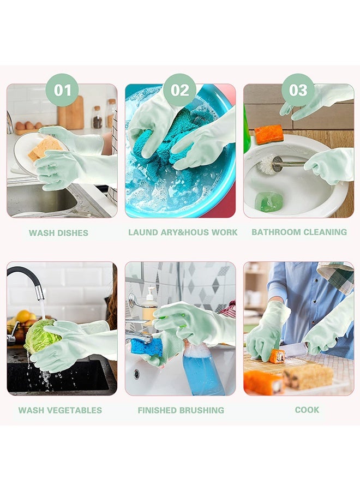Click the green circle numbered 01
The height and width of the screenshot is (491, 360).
click(x=62, y=90)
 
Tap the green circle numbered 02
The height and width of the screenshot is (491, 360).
click(x=179, y=90)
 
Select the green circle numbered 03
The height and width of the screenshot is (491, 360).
click(x=298, y=90)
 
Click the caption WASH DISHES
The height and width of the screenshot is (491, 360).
click(x=58, y=233)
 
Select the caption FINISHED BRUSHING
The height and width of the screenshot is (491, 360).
click(x=181, y=410)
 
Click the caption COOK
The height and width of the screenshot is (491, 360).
click(x=307, y=410)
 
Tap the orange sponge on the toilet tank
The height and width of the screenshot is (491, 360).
click(x=269, y=134)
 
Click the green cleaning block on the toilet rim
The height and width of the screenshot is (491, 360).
click(x=269, y=201)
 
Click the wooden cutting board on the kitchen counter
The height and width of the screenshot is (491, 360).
click(x=71, y=113)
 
